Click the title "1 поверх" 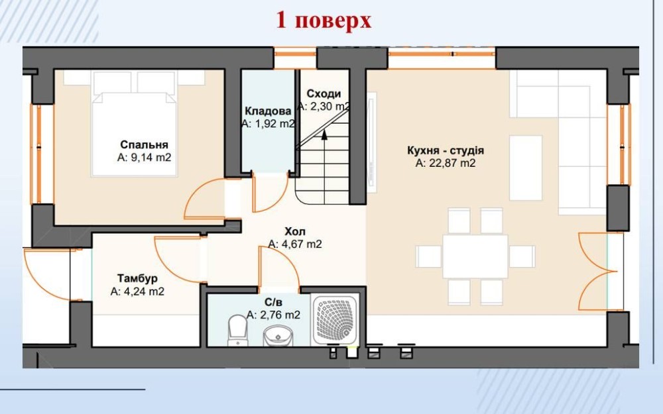[x=324, y=21]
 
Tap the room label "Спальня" [x=144, y=144]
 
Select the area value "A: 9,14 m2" [x=144, y=158]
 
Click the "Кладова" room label [x=268, y=111]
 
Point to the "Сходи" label [x=324, y=93]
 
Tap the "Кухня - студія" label [x=446, y=150]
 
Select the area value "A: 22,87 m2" [x=446, y=163]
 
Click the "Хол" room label [x=295, y=231]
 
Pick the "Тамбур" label [x=137, y=278]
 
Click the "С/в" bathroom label [x=273, y=303]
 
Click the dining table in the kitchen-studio [x=475, y=256]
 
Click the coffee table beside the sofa [x=526, y=168]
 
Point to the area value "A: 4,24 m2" [x=137, y=291]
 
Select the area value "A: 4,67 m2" [x=295, y=244]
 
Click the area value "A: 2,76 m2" [x=274, y=315]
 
